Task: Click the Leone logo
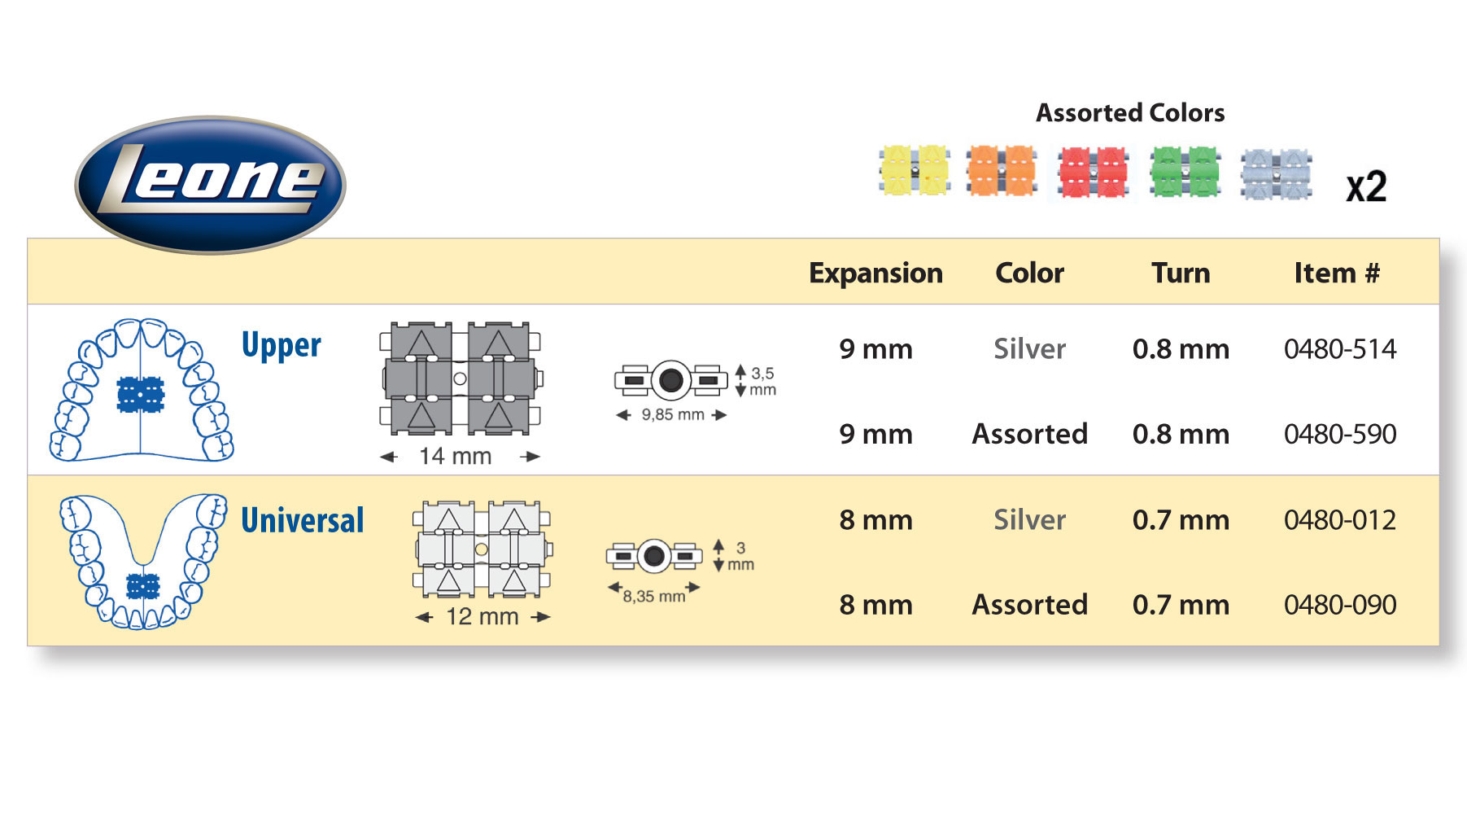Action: click(210, 184)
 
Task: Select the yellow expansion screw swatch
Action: click(915, 170)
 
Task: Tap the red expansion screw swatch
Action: click(1094, 173)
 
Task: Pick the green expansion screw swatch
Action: click(1185, 171)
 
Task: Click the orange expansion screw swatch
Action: click(1002, 170)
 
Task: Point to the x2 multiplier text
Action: click(1366, 187)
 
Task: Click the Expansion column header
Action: click(875, 273)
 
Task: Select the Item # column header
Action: click(1337, 273)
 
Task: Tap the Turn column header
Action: click(1181, 273)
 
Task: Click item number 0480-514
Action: click(1340, 349)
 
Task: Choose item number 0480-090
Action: click(1340, 605)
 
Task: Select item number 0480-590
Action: click(1340, 434)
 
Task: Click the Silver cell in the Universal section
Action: click(1029, 520)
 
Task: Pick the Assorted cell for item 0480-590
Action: click(1029, 434)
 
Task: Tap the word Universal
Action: click(302, 520)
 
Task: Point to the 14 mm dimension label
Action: click(455, 457)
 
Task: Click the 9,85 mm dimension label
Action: click(672, 414)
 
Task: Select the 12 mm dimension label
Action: click(482, 617)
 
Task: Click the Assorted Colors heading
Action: click(1130, 113)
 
